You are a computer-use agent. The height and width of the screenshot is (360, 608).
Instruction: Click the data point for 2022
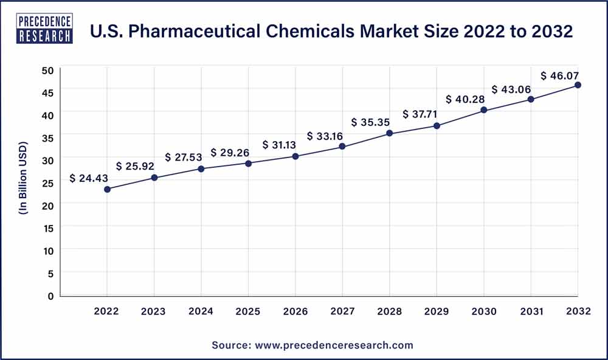point(108,189)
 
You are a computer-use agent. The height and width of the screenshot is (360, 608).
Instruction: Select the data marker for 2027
point(342,147)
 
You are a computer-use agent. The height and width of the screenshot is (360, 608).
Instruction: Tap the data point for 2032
point(578,85)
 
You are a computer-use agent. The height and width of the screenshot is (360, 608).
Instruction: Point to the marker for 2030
point(484,110)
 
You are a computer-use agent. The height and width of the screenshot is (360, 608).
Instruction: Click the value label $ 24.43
point(89,179)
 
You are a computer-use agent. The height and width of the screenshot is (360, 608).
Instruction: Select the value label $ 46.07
point(561,76)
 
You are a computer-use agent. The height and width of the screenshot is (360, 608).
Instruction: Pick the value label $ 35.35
point(371,123)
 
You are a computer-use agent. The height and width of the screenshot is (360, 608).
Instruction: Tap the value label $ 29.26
point(231,153)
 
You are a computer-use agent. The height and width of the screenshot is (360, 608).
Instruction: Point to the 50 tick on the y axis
point(48,70)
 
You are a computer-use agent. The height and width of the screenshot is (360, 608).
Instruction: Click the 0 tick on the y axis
point(51,296)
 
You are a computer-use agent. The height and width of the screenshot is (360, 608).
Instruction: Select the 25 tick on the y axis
point(48,183)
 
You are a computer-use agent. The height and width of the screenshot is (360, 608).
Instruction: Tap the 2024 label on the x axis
point(201,312)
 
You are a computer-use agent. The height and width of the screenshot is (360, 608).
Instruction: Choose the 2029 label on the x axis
point(437,312)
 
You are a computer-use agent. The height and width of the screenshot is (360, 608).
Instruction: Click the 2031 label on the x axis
point(531,312)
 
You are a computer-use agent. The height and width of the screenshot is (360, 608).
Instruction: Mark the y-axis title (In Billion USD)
point(24,182)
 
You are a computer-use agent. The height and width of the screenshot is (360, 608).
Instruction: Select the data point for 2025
point(249,163)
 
